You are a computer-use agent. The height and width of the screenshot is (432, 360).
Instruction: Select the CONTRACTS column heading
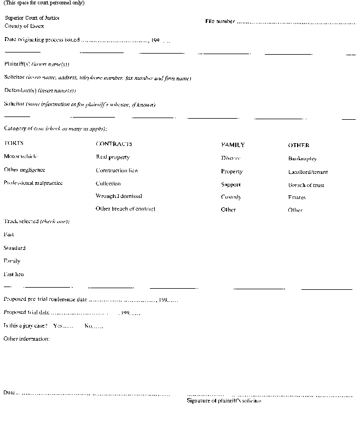click(114, 144)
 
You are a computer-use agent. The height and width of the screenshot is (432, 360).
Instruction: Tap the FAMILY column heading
click(233, 145)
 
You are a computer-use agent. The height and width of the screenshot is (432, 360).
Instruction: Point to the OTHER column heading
click(298, 145)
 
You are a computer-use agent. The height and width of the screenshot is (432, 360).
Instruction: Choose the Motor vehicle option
click(21, 156)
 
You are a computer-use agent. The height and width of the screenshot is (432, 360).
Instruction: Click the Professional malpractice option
click(33, 183)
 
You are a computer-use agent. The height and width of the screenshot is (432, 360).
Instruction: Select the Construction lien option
click(117, 171)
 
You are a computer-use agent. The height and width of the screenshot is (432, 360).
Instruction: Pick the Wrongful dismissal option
click(119, 196)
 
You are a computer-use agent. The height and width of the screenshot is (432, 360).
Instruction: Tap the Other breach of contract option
click(125, 209)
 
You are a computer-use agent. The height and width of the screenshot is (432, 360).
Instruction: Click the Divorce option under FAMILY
click(231, 158)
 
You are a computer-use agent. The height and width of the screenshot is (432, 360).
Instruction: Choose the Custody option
click(231, 197)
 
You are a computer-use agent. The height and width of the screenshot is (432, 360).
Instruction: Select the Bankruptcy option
click(302, 159)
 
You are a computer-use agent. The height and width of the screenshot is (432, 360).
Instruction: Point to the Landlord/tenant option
click(308, 172)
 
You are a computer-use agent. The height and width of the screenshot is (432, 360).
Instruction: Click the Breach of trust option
click(306, 185)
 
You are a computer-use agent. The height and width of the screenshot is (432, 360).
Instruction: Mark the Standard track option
click(15, 248)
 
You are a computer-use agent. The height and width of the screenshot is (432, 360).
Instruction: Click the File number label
click(220, 21)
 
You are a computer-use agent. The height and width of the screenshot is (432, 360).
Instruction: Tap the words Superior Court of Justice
click(32, 18)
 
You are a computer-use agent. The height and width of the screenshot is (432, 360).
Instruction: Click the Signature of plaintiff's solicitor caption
click(224, 401)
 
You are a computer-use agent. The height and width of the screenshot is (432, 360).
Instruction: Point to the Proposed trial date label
click(27, 312)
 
